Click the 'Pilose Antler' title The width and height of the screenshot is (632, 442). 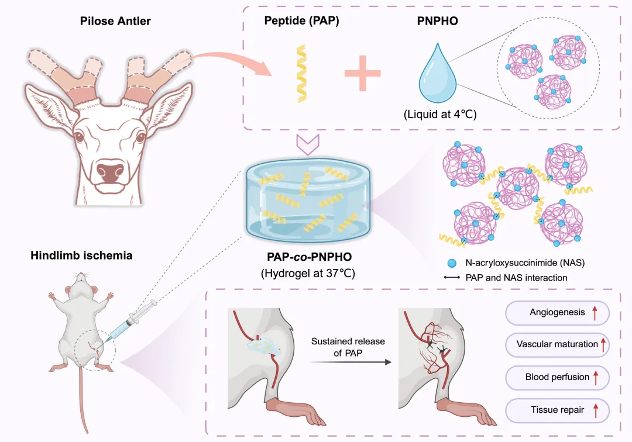(x=115, y=22)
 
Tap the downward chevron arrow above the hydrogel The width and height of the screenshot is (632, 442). (x=307, y=143)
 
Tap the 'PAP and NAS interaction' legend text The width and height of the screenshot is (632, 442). (x=517, y=278)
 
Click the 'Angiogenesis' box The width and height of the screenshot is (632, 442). (x=557, y=312)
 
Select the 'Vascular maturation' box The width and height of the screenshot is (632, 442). (x=557, y=344)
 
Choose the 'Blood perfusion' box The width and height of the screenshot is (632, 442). (x=557, y=377)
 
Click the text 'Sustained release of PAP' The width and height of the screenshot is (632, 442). (x=348, y=347)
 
